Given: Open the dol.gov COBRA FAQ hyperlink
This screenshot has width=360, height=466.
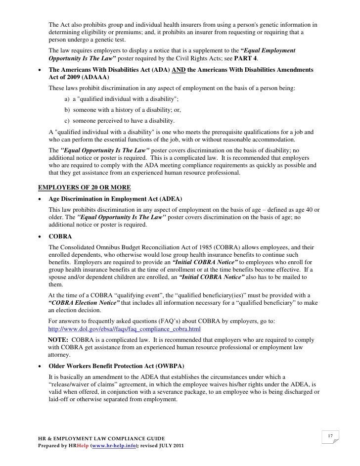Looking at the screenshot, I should (124, 329).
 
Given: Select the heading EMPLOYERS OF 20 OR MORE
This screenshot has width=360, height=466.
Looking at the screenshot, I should (85, 187).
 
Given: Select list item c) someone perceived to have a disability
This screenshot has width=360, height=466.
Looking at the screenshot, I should (119, 121).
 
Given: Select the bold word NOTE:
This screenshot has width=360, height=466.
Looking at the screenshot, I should (58, 340).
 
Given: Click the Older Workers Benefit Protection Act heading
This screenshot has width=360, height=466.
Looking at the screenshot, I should (116, 366).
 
